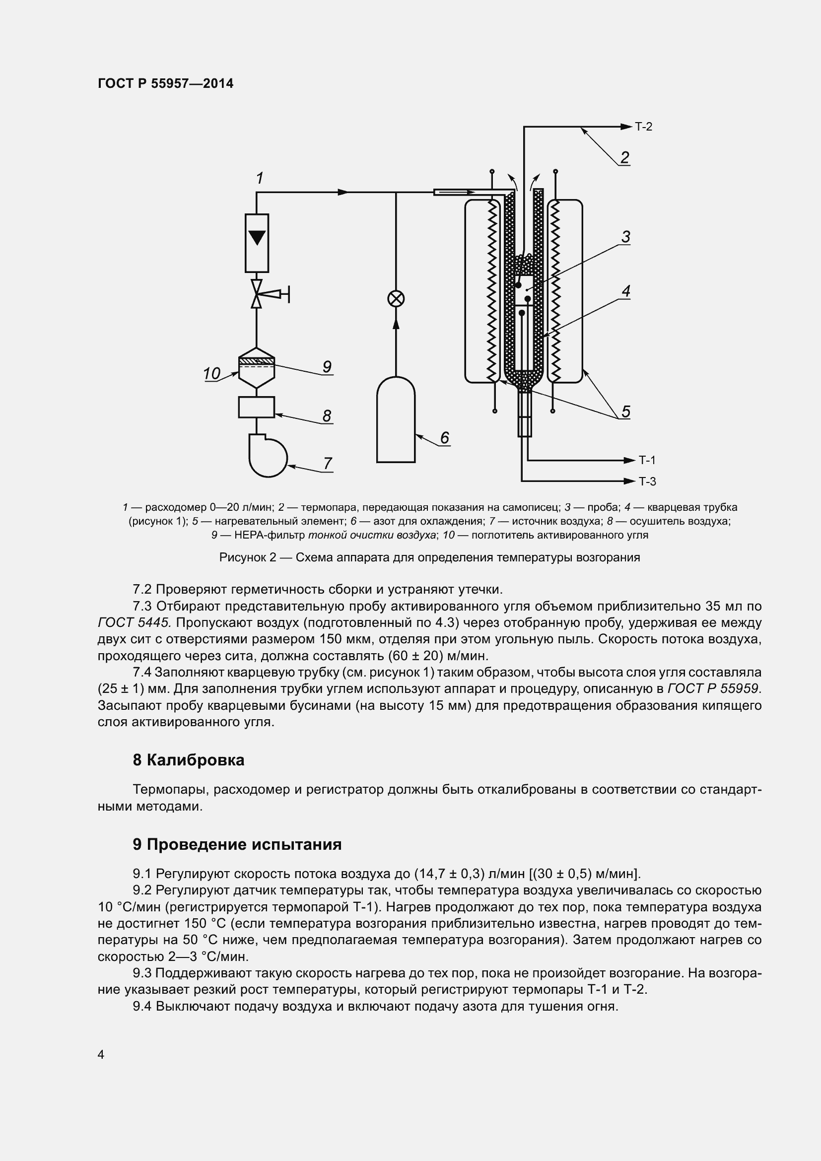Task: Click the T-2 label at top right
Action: point(644,127)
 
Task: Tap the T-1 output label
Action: point(647,460)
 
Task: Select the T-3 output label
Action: point(647,481)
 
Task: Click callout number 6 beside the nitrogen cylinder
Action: point(444,437)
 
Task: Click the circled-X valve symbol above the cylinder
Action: point(396,299)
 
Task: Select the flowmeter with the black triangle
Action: point(257,243)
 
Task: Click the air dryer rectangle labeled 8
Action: point(256,407)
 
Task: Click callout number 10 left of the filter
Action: point(211,374)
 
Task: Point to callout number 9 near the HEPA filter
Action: point(327,367)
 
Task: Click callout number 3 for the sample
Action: point(625,237)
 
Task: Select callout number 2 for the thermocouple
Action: point(624,157)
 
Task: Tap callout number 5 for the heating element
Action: point(626,411)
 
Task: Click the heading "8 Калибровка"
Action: point(189,760)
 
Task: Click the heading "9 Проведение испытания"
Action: point(237,844)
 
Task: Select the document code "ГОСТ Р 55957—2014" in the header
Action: point(165,84)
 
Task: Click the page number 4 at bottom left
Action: point(101,1054)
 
